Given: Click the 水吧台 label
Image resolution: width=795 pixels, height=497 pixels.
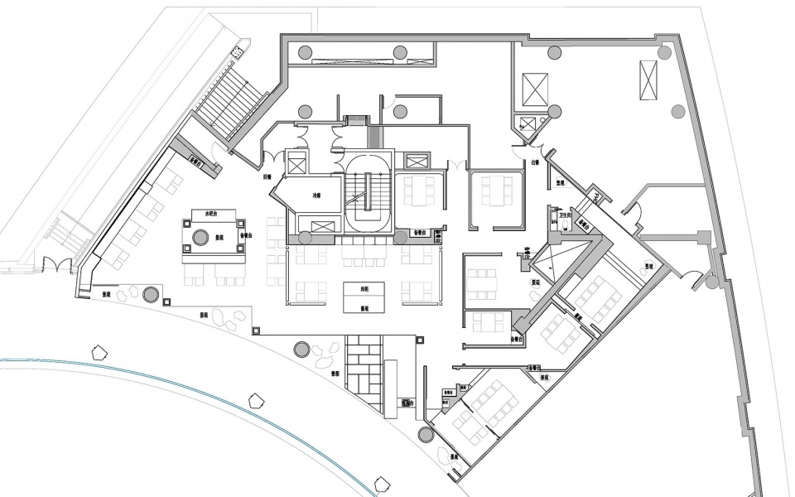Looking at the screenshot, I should click(203, 214).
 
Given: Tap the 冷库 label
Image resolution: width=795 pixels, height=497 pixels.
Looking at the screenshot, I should click(316, 196).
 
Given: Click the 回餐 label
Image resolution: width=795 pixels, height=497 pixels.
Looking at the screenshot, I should click(267, 176).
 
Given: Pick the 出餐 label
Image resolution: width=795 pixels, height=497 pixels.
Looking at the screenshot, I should click(536, 163).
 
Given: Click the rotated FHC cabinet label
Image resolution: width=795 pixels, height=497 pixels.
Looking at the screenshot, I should click(595, 199).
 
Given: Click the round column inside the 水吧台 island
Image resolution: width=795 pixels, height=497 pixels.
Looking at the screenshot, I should click(200, 239).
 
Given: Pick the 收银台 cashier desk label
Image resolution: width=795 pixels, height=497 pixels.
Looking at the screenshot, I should click(407, 403).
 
